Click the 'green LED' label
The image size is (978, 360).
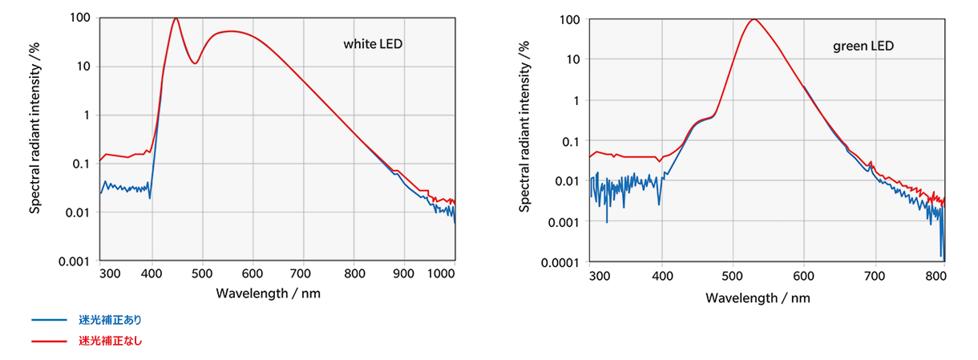click(863, 47)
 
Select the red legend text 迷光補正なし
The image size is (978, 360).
click(110, 341)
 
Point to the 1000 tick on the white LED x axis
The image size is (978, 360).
click(441, 273)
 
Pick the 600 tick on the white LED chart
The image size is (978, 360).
click(253, 273)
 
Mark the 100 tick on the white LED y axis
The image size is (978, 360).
click(79, 18)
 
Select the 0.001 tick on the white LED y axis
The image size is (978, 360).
click(73, 261)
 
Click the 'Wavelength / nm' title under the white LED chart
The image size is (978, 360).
click(268, 293)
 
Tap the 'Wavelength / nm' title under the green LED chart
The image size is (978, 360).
click(758, 297)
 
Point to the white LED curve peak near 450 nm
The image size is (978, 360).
click(176, 18)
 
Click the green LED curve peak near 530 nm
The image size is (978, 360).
click(754, 19)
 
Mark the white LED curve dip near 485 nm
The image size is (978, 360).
click(194, 63)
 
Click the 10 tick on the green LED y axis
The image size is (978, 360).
click(571, 59)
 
